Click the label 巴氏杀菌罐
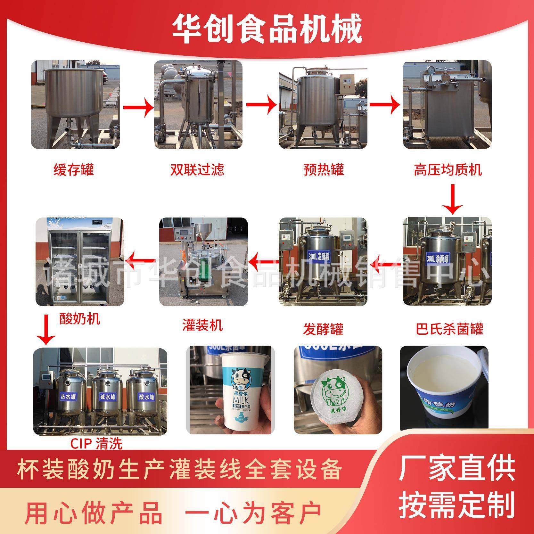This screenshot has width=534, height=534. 449,328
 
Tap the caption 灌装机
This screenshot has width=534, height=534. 202,325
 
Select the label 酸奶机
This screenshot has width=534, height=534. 79,319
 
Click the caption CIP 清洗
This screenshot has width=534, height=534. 96,443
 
